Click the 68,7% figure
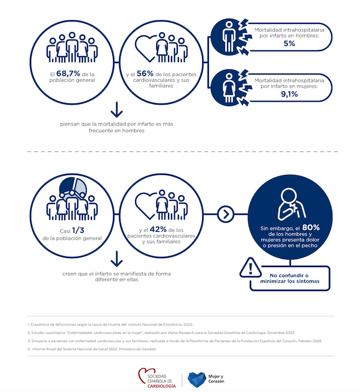[66, 74]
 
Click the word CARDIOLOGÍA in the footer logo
[161, 386]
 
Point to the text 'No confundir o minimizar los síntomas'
[291, 278]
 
